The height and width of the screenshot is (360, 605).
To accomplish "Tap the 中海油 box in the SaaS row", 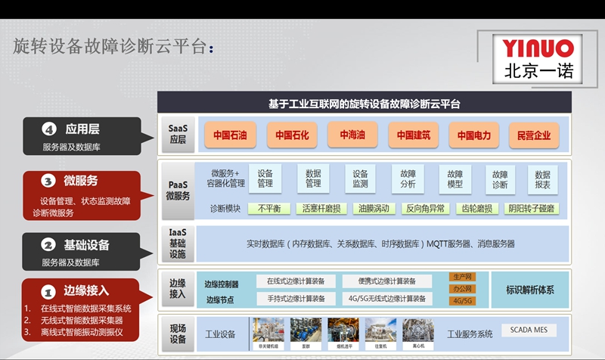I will (x=352, y=136).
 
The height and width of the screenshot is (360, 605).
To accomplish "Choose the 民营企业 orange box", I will (x=535, y=136).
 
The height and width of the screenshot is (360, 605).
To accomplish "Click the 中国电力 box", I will (x=473, y=136).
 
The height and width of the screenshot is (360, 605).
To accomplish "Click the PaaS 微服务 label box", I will (x=178, y=191).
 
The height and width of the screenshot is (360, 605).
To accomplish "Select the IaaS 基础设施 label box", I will (x=178, y=244).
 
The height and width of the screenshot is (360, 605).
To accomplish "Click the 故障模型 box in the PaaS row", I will (x=455, y=178).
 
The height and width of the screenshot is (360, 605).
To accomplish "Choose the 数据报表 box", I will (x=542, y=178).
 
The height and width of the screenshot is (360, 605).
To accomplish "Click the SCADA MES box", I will (x=529, y=331).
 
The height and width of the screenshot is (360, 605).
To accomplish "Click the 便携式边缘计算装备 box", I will (x=386, y=281).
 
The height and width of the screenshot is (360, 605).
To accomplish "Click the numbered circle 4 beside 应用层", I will (x=50, y=129).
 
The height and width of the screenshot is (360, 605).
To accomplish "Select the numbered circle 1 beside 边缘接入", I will (x=47, y=291).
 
